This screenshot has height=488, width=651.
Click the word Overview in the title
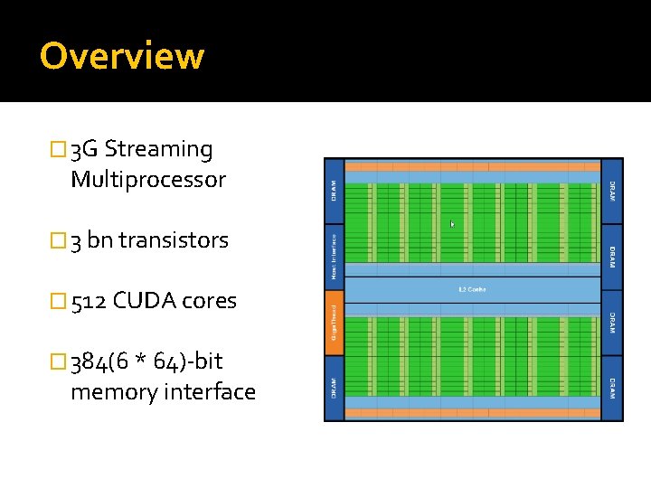[x=122, y=56]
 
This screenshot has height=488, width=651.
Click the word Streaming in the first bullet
[x=158, y=149]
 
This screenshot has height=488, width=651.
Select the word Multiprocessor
[x=147, y=179]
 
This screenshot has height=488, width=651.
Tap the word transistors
[x=174, y=240]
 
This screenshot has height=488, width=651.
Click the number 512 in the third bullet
[x=89, y=301]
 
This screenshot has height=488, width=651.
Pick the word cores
[x=212, y=301]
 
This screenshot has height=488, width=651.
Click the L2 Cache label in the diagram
[x=473, y=289]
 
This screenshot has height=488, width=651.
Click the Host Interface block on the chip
[x=334, y=257]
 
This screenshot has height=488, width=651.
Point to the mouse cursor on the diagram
[x=452, y=224]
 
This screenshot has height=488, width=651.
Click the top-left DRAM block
[x=334, y=191]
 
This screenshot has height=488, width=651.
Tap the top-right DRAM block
[x=612, y=191]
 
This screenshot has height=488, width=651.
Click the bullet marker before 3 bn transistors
[x=61, y=241]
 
